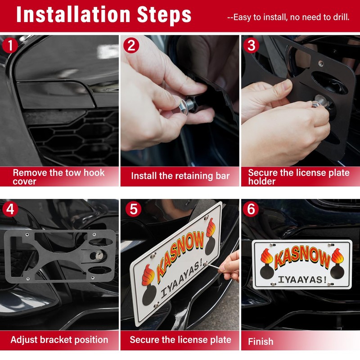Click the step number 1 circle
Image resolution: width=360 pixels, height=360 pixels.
pos(10,46)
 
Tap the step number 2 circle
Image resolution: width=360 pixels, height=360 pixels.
pos(131,46)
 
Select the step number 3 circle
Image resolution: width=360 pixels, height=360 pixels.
pos(251,46)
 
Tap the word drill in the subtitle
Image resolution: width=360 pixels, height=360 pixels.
pos(341,18)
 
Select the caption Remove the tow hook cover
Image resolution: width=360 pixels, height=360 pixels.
pos(58,176)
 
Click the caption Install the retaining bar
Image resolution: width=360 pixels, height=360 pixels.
pos(180,176)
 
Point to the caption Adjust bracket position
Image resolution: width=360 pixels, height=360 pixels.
pos(59,340)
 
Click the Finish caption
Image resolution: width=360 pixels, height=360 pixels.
pos(261,342)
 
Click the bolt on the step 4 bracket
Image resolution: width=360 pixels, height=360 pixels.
pos(98,256)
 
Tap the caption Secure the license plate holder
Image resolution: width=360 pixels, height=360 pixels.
pos(299,176)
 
